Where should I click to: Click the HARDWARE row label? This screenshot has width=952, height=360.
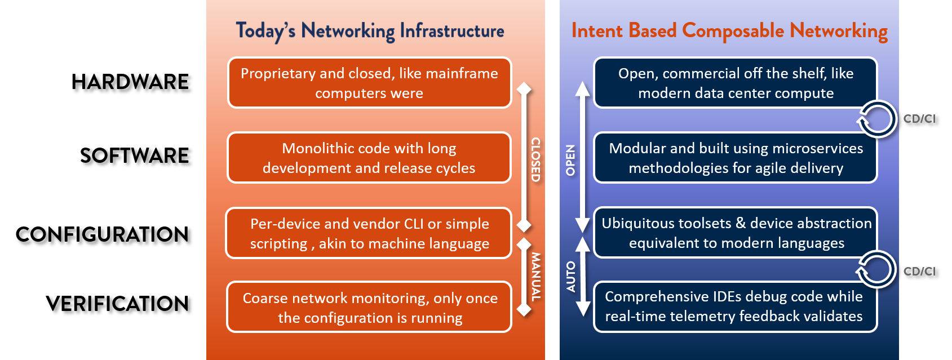pos(130,82)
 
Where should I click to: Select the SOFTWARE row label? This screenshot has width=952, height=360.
pos(134,155)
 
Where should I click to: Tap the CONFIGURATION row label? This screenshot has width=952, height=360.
pos(102,234)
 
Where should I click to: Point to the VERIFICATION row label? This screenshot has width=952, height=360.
pos(117,304)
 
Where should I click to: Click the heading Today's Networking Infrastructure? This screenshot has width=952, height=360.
pos(370,32)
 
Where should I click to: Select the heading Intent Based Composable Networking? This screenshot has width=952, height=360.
pos(729,32)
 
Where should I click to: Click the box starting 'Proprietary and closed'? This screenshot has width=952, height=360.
pos(369,83)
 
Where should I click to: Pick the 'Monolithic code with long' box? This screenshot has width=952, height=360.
pos(369,158)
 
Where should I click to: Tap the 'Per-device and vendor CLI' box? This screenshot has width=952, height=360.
pos(369,233)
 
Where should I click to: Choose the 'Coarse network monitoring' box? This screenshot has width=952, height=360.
pos(369,307)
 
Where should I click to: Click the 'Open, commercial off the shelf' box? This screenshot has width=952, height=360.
pos(736,83)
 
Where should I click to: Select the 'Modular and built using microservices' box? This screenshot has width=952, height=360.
pos(736,158)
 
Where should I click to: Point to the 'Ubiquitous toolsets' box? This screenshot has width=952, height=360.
pos(736,233)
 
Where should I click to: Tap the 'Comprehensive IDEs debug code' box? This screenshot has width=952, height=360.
pos(736,306)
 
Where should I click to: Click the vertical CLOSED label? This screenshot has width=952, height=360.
pos(536,159)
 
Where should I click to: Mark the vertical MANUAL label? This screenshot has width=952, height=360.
pos(536,277)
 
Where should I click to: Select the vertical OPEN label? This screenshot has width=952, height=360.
pos(570,160)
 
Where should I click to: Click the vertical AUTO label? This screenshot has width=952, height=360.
pos(571,277)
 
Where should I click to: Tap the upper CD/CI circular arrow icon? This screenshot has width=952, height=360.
pos(876,119)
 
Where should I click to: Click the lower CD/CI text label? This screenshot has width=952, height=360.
pos(920,271)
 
